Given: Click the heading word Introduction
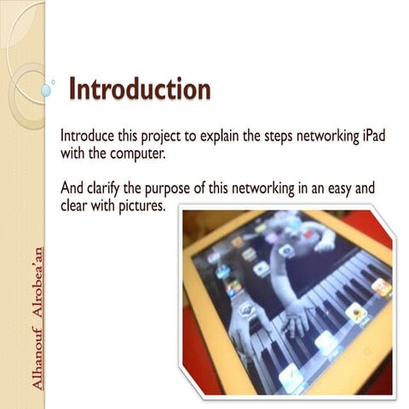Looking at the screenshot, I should [x=139, y=89].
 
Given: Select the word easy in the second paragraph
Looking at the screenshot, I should [x=352, y=189].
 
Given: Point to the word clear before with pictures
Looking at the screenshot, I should [x=77, y=206].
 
